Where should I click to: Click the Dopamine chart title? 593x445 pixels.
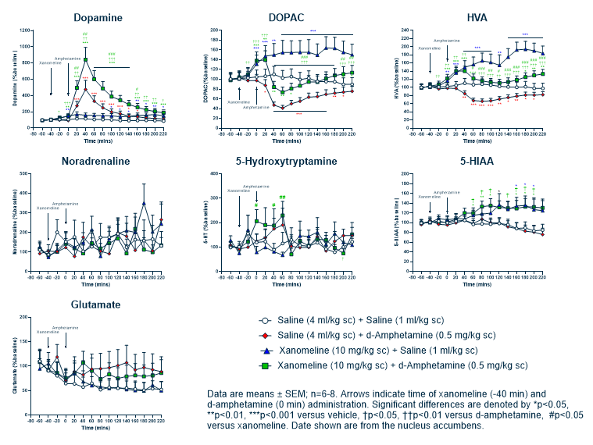(98, 17)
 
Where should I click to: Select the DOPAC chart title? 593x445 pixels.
(286, 17)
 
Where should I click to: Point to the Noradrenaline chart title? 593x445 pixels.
(98, 162)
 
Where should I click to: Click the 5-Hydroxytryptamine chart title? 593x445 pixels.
(286, 162)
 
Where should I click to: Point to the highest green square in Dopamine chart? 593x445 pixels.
(85, 59)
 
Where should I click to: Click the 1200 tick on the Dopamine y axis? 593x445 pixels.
(26, 30)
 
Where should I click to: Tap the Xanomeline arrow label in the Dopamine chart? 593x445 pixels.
(50, 62)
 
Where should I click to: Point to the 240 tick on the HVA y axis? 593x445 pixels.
(405, 31)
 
